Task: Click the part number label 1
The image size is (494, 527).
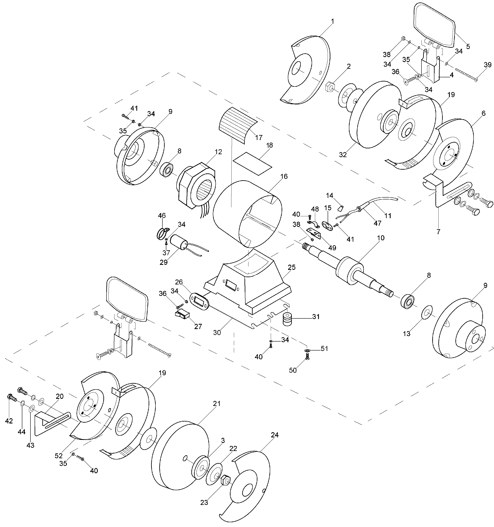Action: pos(332,21)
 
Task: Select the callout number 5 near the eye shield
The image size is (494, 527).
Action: pos(468,47)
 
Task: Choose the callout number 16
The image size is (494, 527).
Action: pos(284,176)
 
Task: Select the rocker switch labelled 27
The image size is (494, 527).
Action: pos(182,314)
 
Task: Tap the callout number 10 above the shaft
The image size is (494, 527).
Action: pos(381,238)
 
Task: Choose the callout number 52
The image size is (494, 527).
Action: pos(59,456)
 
